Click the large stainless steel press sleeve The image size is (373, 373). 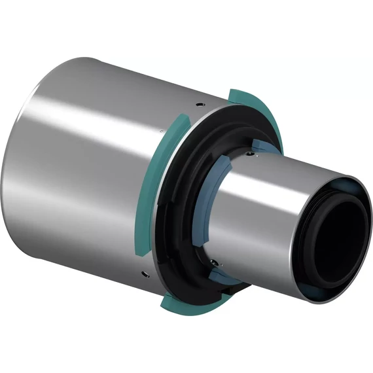click(98, 170)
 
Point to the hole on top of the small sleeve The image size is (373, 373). click(251, 154)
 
